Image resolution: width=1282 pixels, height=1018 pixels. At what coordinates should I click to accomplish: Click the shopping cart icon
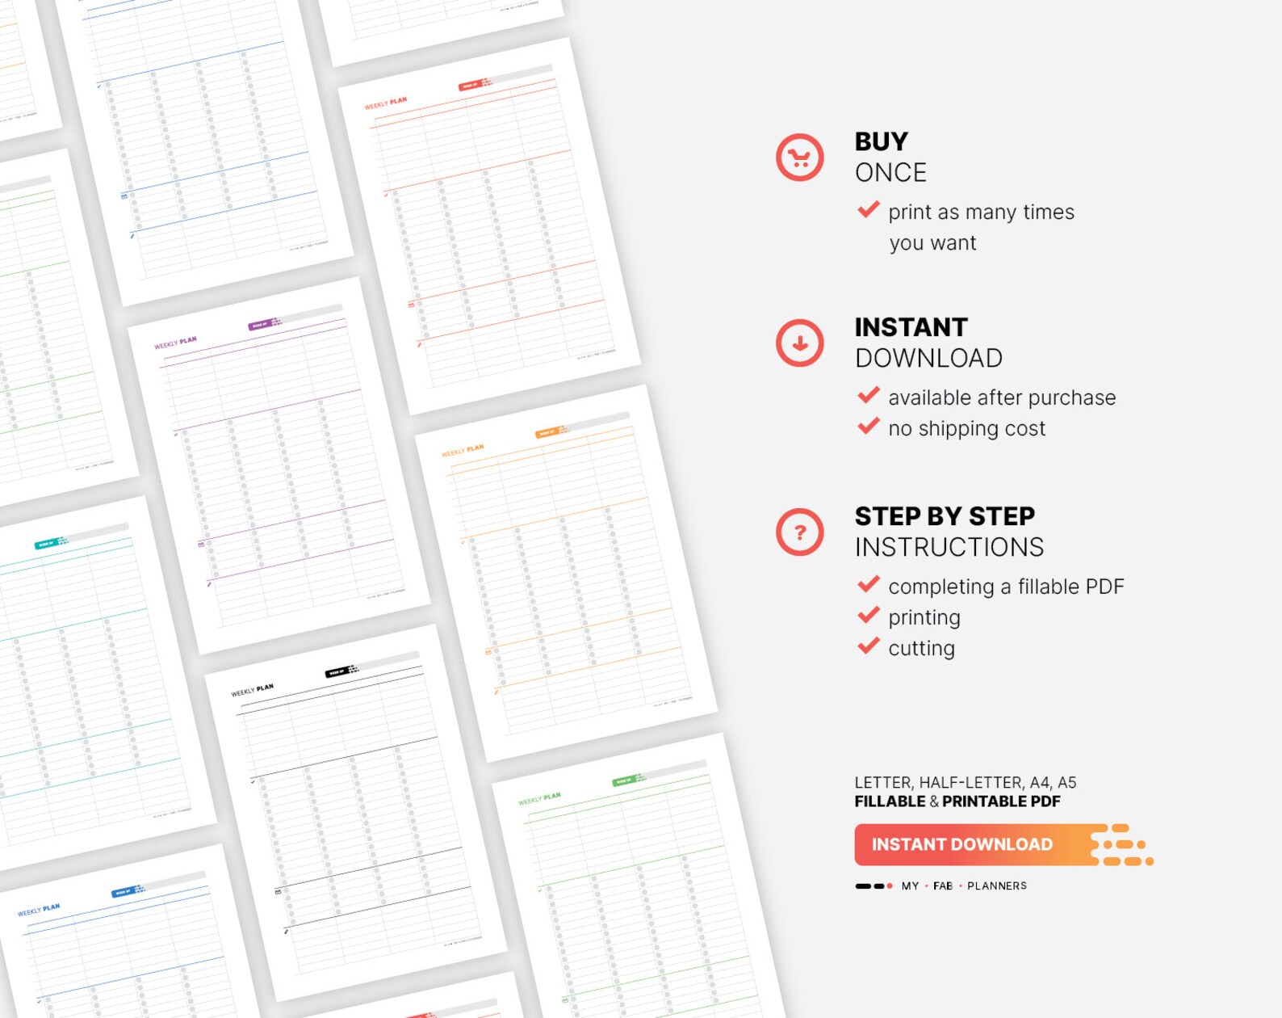click(799, 158)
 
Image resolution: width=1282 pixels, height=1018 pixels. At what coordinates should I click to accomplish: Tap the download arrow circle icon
click(799, 343)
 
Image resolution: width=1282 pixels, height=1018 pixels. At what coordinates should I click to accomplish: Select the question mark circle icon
click(799, 532)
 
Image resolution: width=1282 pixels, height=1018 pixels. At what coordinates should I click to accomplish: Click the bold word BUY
click(881, 141)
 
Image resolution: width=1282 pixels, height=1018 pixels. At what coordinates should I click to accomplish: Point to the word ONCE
click(890, 173)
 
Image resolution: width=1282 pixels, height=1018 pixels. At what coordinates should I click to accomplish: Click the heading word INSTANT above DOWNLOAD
click(911, 327)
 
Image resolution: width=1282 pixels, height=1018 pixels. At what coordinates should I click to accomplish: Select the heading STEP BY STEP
click(945, 516)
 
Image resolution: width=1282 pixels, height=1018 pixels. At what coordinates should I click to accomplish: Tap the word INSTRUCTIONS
click(949, 548)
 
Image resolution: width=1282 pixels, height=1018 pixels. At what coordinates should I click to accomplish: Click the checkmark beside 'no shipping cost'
click(868, 427)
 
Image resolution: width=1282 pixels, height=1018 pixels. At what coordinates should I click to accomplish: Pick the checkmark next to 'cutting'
click(868, 646)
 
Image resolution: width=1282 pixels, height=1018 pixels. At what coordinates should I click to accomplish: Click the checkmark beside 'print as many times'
click(868, 210)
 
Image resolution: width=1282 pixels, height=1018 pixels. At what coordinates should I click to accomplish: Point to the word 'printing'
click(924, 618)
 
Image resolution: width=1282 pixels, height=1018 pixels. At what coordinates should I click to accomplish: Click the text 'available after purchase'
click(1001, 398)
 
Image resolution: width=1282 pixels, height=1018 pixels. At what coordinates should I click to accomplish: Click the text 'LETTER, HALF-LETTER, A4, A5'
click(965, 782)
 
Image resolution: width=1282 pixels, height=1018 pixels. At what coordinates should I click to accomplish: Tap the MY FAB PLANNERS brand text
click(964, 885)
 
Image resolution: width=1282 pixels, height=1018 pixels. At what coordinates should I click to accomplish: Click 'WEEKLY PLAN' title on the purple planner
click(175, 343)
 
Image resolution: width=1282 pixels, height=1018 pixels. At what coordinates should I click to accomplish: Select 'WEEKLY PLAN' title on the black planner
click(252, 690)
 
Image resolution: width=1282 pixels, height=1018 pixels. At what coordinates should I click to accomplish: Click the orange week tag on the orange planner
click(547, 433)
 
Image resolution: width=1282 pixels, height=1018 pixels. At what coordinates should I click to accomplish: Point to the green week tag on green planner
click(624, 780)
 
